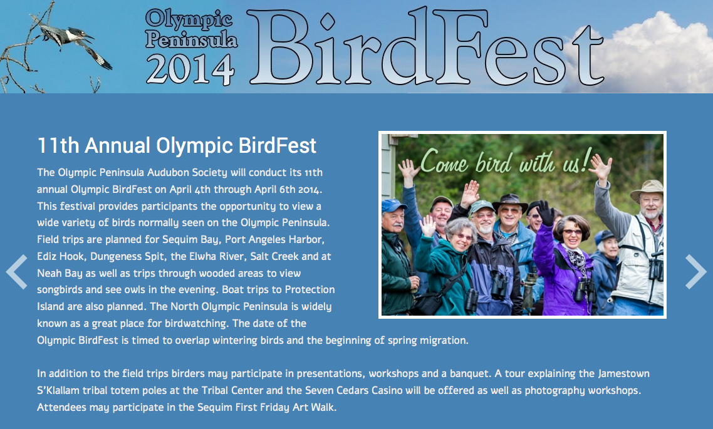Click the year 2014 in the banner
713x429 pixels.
[190, 69]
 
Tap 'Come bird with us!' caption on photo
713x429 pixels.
[506, 162]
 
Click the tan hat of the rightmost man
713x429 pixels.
[647, 189]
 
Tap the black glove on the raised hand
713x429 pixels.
[545, 213]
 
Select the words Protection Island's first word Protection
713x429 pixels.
[304, 289]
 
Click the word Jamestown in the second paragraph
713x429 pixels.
[623, 373]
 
